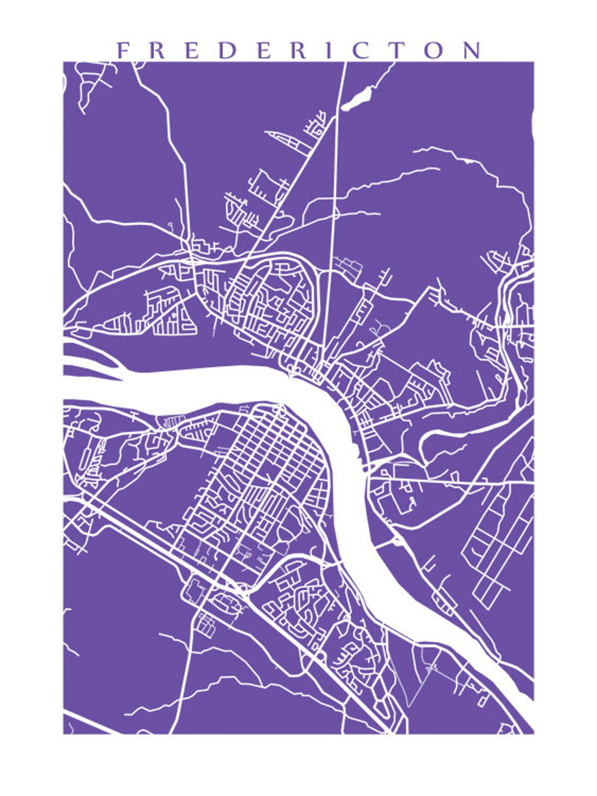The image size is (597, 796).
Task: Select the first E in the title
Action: pos(192,50)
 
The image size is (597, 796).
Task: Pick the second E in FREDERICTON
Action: pos(264,50)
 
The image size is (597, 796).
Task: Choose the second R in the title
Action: pos(299,50)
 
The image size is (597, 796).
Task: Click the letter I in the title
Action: pos(329,50)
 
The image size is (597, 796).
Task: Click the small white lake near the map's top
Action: pos(357,98)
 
